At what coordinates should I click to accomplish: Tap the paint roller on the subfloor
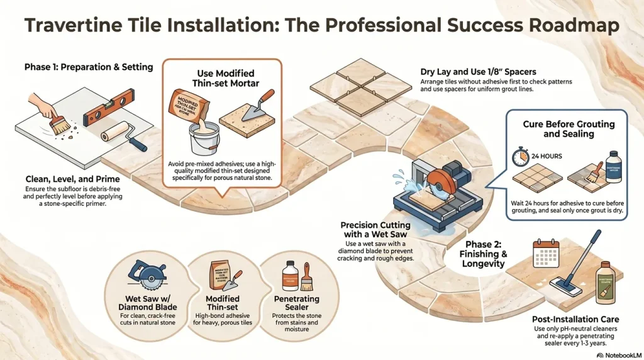point(118,133)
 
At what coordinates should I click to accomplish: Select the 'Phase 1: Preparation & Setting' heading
point(89,67)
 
